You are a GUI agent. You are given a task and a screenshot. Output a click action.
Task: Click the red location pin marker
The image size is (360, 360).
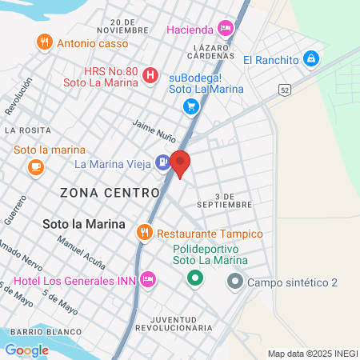181,162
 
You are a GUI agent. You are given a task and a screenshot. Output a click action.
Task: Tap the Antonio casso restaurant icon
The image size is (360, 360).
44,41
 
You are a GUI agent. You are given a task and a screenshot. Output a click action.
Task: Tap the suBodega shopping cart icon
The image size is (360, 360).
190,106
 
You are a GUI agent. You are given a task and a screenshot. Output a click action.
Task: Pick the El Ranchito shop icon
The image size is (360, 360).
312,59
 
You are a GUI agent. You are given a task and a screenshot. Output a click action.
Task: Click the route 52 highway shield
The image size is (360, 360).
285,90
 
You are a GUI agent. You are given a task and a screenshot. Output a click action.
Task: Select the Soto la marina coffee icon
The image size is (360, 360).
34,166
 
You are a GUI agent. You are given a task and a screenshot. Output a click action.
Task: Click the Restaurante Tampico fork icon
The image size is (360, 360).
144,233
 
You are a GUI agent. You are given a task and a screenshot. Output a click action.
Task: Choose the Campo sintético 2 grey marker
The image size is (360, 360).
235,282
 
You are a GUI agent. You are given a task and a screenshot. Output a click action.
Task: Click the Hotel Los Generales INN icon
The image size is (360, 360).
147,279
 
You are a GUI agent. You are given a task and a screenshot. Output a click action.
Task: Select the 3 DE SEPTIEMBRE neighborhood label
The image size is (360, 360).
233,200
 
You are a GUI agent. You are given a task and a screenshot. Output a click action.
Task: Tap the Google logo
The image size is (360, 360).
26,350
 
